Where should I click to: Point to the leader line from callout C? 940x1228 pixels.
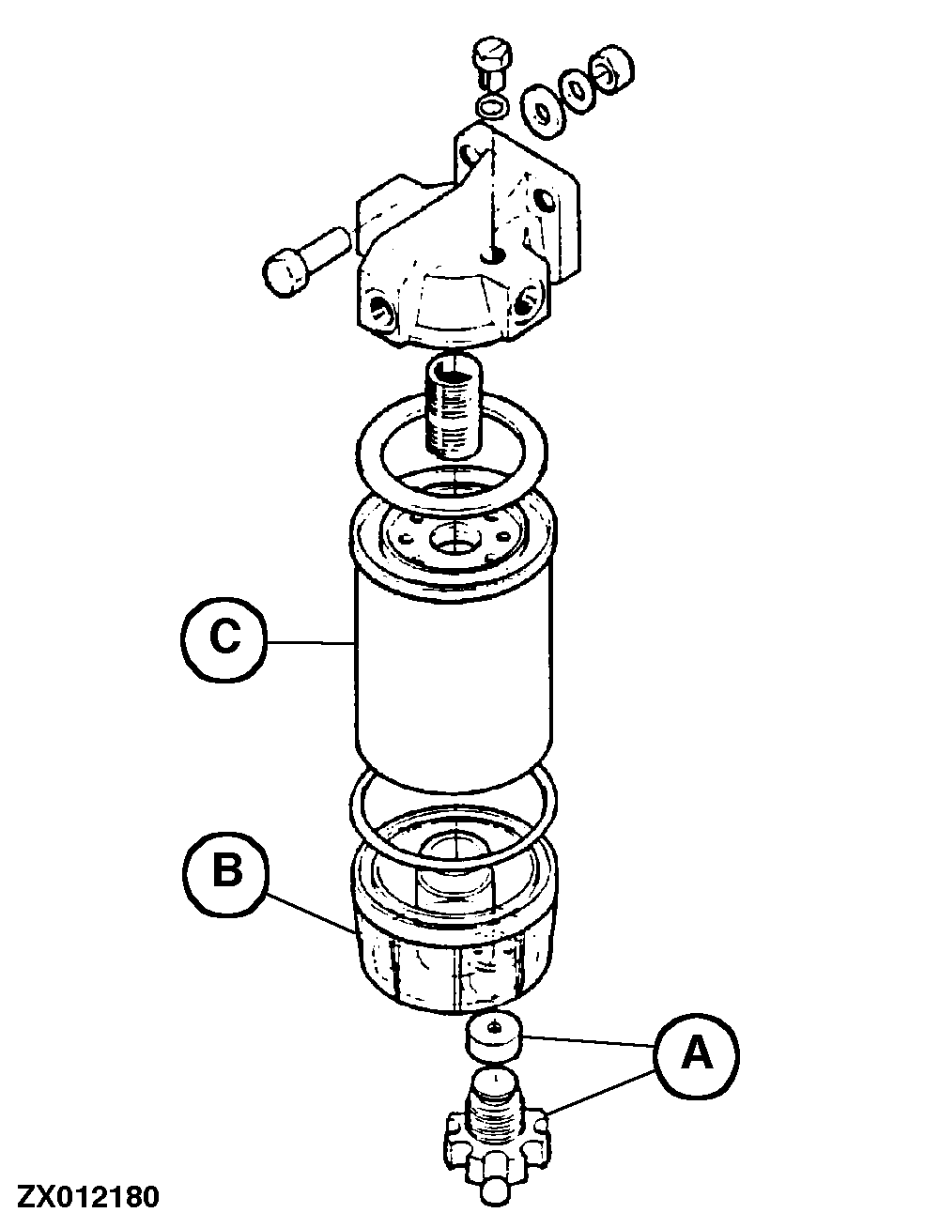pos(311,643)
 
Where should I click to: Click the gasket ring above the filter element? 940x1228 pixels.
pos(452,451)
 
